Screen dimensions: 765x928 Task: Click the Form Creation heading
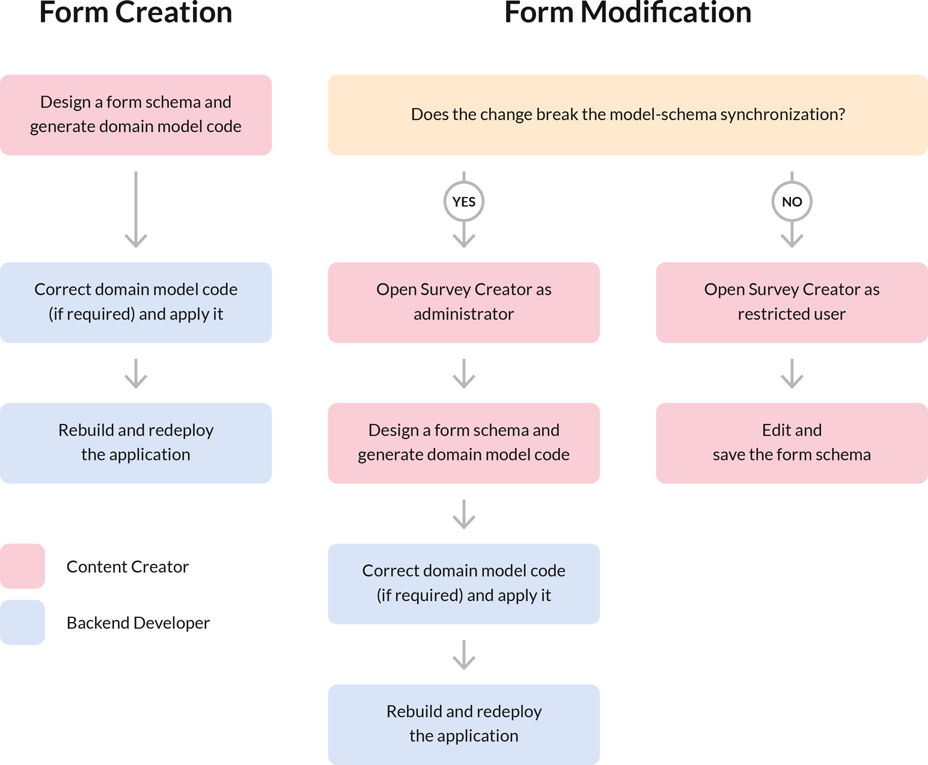136,13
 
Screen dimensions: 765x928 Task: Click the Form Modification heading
627,13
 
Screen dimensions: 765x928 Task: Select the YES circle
463,202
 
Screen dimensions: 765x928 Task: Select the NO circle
792,202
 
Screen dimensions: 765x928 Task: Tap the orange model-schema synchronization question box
627,115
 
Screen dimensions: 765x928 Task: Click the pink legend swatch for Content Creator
22,566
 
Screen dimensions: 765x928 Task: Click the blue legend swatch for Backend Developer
22,623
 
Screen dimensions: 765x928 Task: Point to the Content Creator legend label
127,567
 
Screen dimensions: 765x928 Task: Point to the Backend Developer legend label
138,623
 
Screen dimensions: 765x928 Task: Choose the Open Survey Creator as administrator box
463,302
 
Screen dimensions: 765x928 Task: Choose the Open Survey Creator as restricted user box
792,302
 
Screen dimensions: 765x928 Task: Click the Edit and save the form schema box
792,443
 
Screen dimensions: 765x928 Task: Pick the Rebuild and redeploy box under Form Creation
136,443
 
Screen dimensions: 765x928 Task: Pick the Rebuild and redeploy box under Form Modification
463,724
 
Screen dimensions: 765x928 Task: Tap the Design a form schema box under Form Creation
136,115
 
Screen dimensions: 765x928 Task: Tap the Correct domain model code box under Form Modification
463,584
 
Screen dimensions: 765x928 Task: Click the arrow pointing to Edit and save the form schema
792,373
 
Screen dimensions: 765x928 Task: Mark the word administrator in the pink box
463,314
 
